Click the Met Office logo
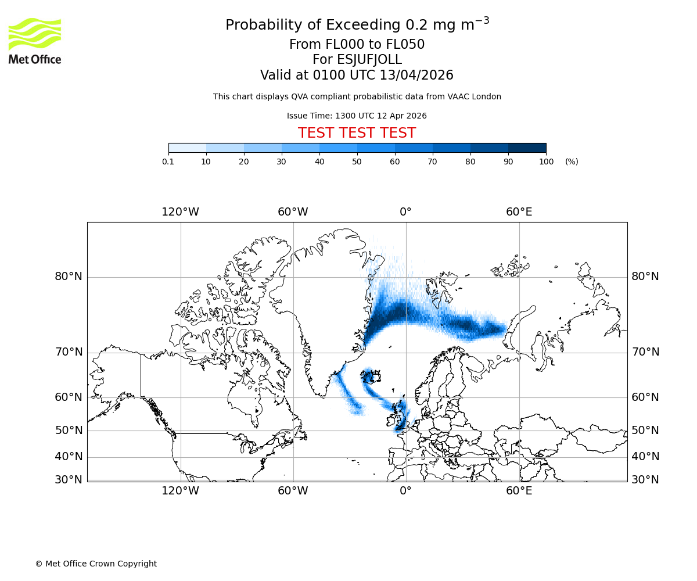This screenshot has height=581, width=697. pyautogui.click(x=35, y=41)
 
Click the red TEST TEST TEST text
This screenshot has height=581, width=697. pyautogui.click(x=357, y=134)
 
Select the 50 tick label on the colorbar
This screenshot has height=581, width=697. pyautogui.click(x=357, y=162)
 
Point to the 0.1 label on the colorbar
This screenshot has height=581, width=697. pyautogui.click(x=168, y=162)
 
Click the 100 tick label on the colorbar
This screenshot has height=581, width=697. pyautogui.click(x=546, y=162)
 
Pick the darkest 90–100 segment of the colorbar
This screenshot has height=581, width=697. pyautogui.click(x=527, y=148)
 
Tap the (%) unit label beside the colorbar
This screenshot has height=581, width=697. pyautogui.click(x=572, y=162)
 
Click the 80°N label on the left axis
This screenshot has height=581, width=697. pyautogui.click(x=69, y=277)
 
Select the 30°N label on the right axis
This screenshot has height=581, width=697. pyautogui.click(x=645, y=480)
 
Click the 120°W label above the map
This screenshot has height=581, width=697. pyautogui.click(x=180, y=212)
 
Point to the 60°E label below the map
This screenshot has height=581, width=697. pyautogui.click(x=519, y=491)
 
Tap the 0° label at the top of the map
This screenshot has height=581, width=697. pyautogui.click(x=405, y=212)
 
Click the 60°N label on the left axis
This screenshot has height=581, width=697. pyautogui.click(x=69, y=397)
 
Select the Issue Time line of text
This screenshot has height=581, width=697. pyautogui.click(x=357, y=116)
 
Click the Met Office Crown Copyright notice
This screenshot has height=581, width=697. pyautogui.click(x=96, y=564)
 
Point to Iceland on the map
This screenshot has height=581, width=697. pyautogui.click(x=372, y=378)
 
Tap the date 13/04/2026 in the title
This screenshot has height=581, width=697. pyautogui.click(x=416, y=76)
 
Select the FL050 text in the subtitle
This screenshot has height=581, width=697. pyautogui.click(x=405, y=45)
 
